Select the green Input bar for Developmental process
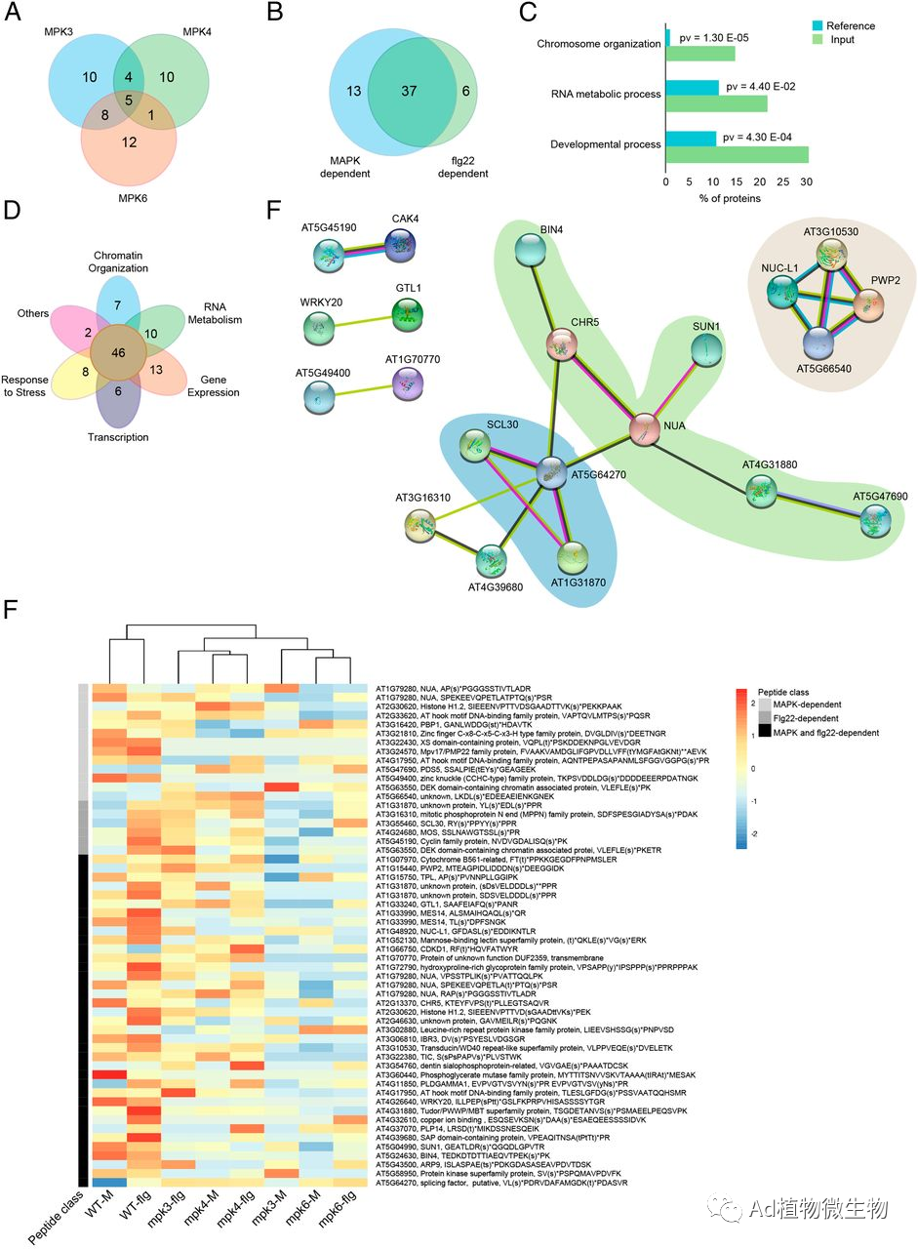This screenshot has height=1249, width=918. [738, 154]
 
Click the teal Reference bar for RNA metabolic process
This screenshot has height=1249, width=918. [693, 88]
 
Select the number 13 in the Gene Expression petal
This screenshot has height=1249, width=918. [157, 369]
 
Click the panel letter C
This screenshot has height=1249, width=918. [527, 13]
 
